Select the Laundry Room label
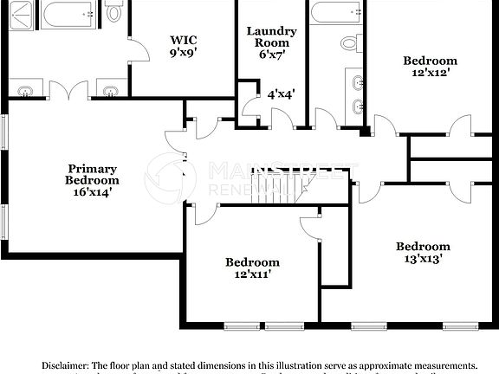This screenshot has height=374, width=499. [271, 37]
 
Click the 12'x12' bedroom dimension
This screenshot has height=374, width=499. [430, 74]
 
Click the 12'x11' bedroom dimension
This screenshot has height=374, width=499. [252, 274]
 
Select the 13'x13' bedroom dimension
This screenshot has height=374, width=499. [424, 258]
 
